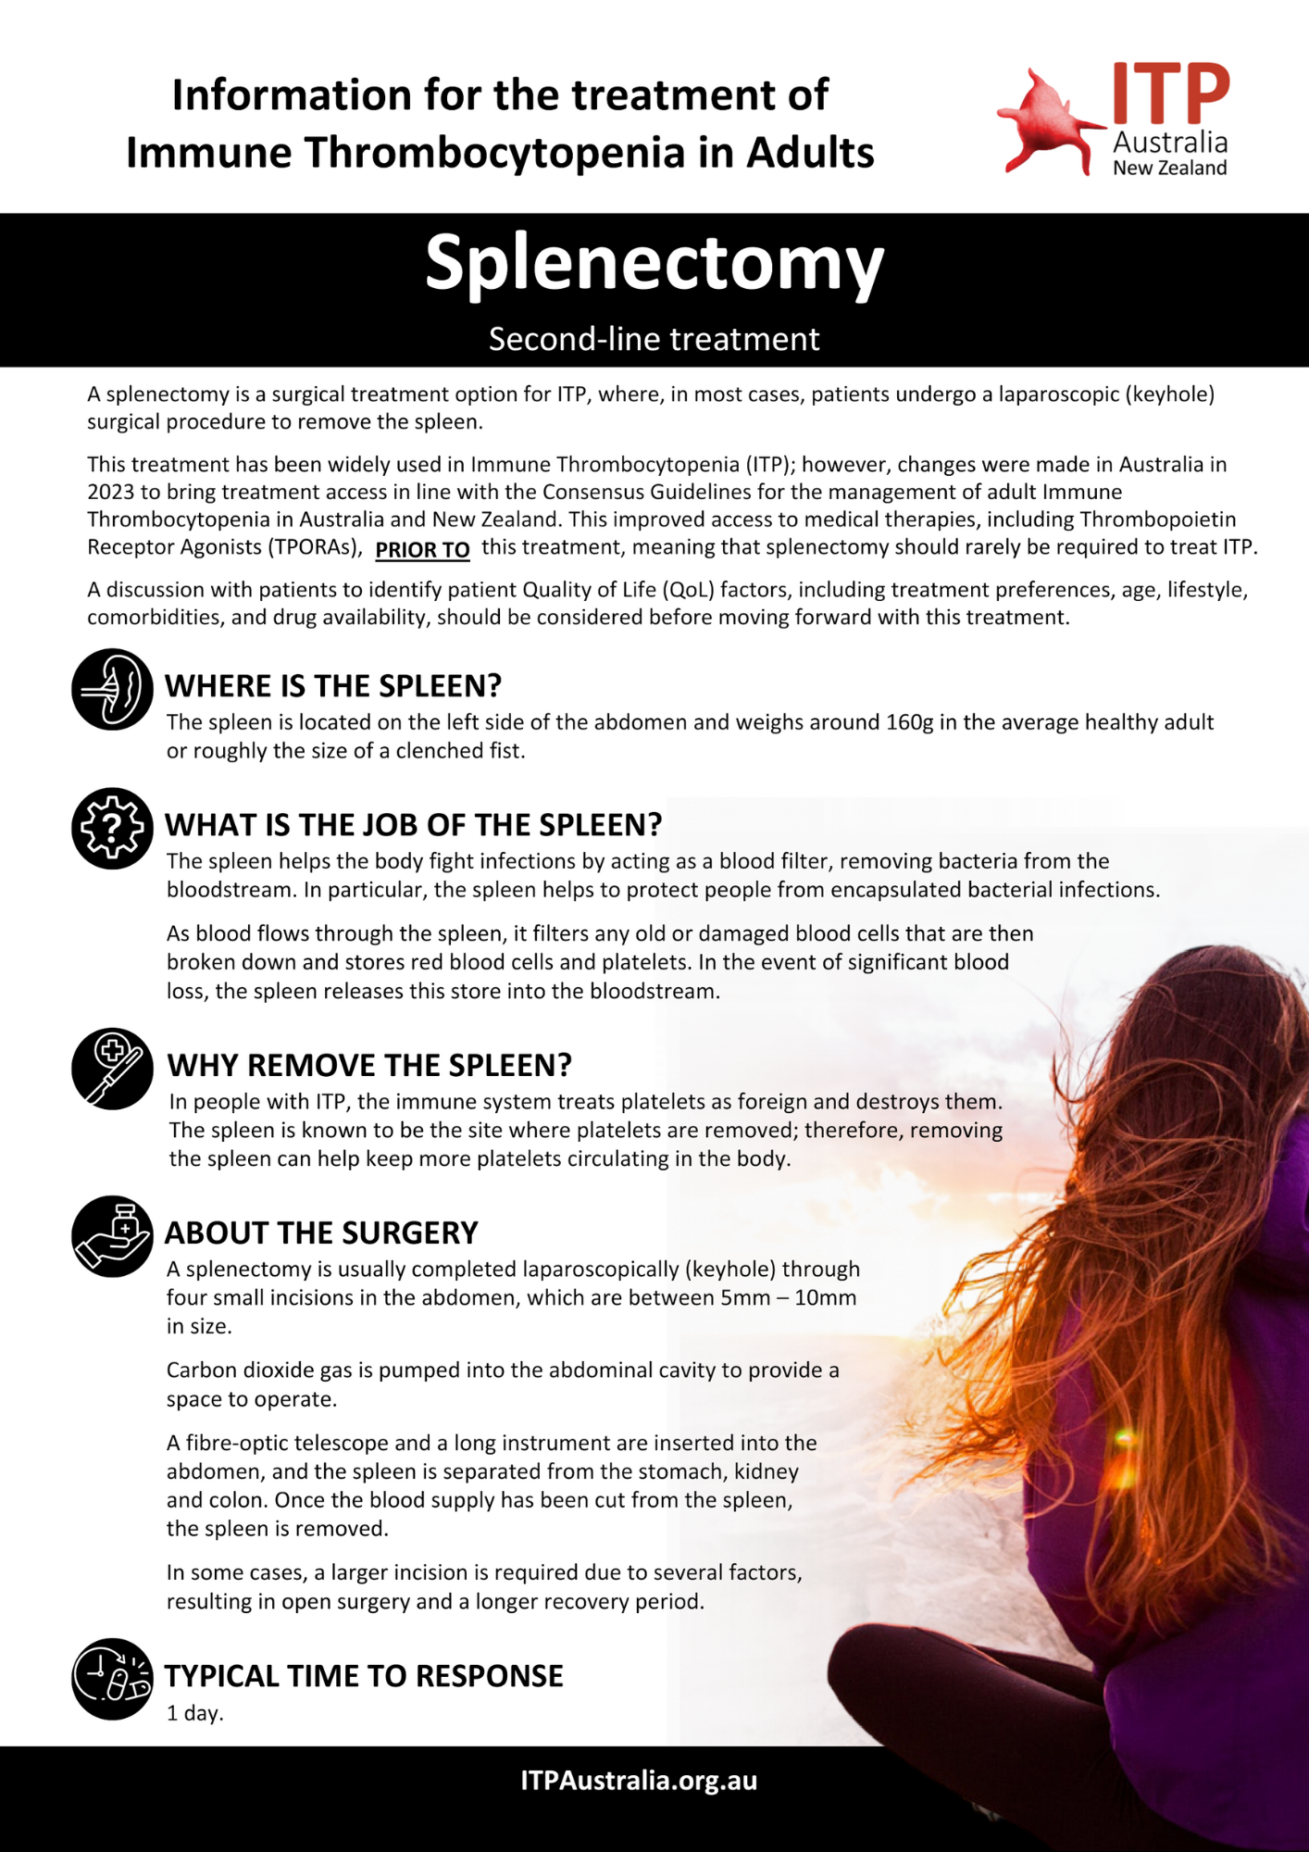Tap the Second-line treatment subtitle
coord(654,340)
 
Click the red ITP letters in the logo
coord(1170,94)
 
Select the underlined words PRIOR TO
coord(422,550)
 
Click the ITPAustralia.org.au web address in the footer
coord(639,1781)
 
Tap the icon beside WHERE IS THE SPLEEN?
coord(112,689)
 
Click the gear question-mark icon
coord(112,828)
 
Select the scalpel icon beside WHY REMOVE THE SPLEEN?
coord(112,1069)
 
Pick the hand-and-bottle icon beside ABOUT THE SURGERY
coord(112,1236)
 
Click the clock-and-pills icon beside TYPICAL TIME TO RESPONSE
coord(112,1679)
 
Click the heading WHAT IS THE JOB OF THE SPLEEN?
coord(413,825)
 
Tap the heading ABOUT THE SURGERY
coord(321,1233)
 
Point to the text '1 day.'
coord(195,1714)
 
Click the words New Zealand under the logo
coord(1169,169)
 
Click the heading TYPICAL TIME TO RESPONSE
coord(364,1676)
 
